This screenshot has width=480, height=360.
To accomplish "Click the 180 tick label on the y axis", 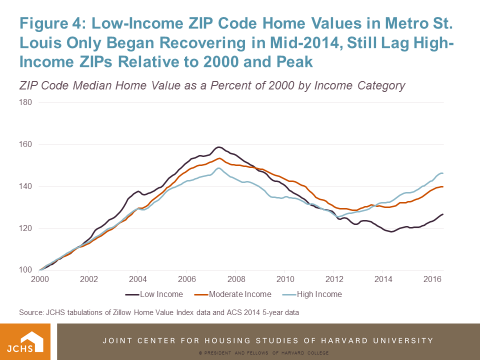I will pyautogui.click(x=25, y=103).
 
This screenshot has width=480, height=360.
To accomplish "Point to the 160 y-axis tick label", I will pyautogui.click(x=25, y=145).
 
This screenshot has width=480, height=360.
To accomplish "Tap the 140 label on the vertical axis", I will pyautogui.click(x=25, y=186).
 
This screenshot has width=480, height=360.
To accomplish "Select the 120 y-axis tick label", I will pyautogui.click(x=25, y=228).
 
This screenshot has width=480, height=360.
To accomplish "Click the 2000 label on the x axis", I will pyautogui.click(x=39, y=279).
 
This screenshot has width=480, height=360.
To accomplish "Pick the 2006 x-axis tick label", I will pyautogui.click(x=186, y=279).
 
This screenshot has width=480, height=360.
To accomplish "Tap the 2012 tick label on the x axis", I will pyautogui.click(x=333, y=279).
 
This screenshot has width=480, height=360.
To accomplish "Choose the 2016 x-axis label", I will pyautogui.click(x=431, y=279).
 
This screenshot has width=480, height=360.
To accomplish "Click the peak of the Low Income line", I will pyautogui.click(x=218, y=147).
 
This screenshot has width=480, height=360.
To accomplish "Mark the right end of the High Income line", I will pyautogui.click(x=443, y=173).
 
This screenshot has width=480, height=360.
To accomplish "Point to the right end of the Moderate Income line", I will pyautogui.click(x=443, y=186).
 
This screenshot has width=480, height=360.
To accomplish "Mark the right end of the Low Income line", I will pyautogui.click(x=443, y=214).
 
